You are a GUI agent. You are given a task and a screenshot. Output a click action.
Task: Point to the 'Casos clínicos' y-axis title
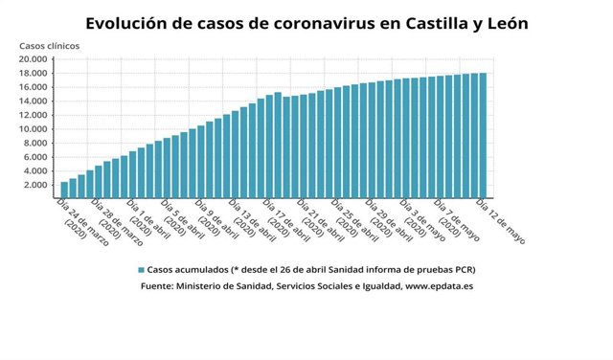tap(50, 46)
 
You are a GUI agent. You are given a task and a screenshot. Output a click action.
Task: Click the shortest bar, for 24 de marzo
tap(64, 188)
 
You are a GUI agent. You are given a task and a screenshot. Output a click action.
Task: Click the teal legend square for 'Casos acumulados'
tap(141, 270)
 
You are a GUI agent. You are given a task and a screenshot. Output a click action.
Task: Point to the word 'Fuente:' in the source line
tap(158, 285)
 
